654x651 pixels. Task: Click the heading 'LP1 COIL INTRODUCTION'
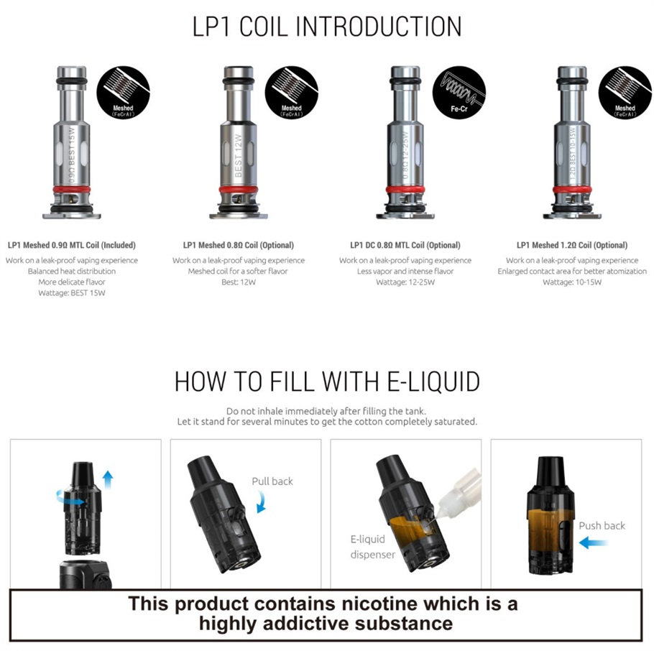pos(327,27)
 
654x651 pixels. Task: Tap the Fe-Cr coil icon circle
pos(458,92)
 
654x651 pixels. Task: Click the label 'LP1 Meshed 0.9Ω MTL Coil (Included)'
pos(71,245)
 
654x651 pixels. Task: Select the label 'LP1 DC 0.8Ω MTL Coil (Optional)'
pos(405,245)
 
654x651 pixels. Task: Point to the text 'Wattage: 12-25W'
pos(405,282)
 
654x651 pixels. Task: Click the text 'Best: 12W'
pos(238,282)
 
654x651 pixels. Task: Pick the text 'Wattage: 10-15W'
pos(572,282)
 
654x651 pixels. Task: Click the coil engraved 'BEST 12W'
pos(238,144)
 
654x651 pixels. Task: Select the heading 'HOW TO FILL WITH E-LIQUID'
pos(327,382)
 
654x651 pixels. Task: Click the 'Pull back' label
pos(272,481)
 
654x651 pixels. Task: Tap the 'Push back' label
pos(602,526)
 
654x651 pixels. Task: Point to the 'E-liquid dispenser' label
pos(368,547)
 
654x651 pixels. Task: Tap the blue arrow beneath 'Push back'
pos(593,544)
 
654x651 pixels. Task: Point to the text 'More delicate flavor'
pos(71,282)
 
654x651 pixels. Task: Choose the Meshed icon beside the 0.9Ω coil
pos(123,92)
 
